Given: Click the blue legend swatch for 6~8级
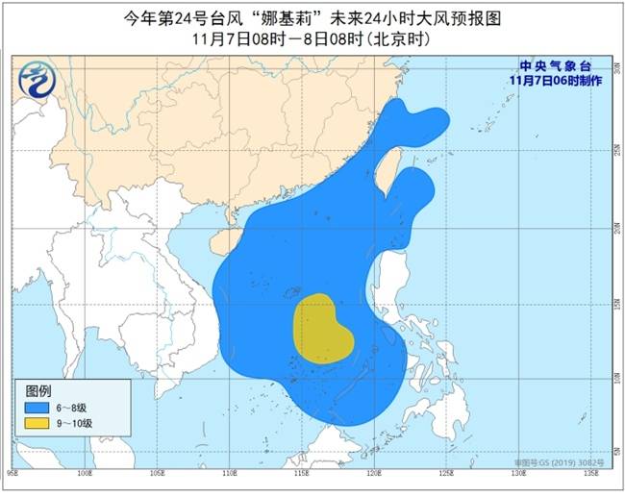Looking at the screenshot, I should point(37,408).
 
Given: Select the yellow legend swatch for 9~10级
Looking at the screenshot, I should point(37,423).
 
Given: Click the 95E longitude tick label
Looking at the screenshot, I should point(12,471).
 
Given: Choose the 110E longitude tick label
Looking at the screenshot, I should point(229,471).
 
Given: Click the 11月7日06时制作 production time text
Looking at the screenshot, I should point(558,82).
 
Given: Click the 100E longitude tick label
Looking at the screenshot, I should point(85,471).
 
